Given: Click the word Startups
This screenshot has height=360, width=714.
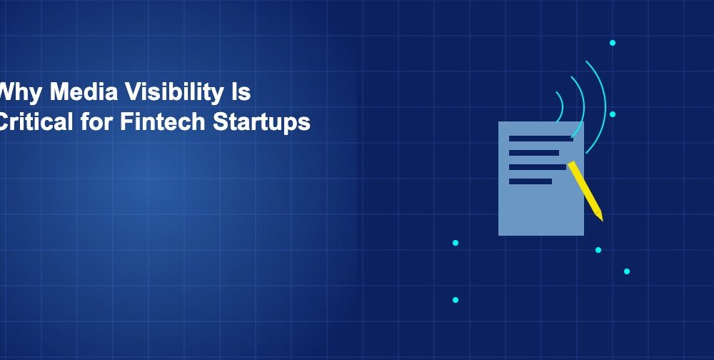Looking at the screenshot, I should pyautogui.click(x=261, y=122).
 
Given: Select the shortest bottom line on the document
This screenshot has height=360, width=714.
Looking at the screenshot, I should pyautogui.click(x=530, y=181).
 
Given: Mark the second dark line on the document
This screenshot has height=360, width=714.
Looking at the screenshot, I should pyautogui.click(x=533, y=153).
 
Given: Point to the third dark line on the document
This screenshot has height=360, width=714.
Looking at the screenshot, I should pyautogui.click(x=537, y=167).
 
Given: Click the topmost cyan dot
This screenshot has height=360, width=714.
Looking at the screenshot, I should pyautogui.click(x=612, y=43).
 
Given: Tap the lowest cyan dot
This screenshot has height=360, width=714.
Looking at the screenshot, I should pyautogui.click(x=456, y=300).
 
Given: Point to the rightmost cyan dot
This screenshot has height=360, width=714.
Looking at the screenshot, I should pyautogui.click(x=627, y=271).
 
